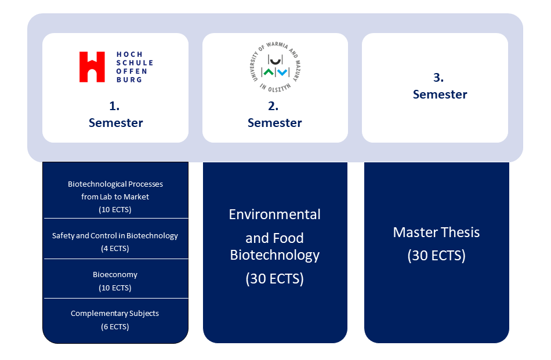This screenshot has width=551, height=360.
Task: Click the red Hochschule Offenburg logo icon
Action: [92, 67]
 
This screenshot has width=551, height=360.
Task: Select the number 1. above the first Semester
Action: [114, 107]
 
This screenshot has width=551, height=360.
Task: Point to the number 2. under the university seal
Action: [273, 107]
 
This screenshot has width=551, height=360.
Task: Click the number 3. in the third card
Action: [438, 78]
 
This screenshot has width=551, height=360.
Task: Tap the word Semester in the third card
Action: [440, 94]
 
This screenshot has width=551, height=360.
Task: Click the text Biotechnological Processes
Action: [115, 184]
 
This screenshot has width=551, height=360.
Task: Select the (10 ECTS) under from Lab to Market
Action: [115, 210]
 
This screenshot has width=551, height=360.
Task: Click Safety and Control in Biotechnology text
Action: [115, 236]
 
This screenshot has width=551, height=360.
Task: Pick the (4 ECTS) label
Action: [115, 249]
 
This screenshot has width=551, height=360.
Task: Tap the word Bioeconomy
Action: [115, 275]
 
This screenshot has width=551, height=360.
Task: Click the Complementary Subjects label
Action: [115, 314]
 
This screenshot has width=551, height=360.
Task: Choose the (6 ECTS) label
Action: [115, 327]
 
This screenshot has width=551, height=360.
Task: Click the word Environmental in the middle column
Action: [274, 214]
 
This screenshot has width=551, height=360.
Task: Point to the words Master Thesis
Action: [436, 232]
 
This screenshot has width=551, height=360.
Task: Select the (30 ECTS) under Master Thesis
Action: [436, 256]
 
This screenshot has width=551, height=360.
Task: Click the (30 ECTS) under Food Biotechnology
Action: [274, 279]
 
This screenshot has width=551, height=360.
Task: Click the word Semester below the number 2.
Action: [274, 123]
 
